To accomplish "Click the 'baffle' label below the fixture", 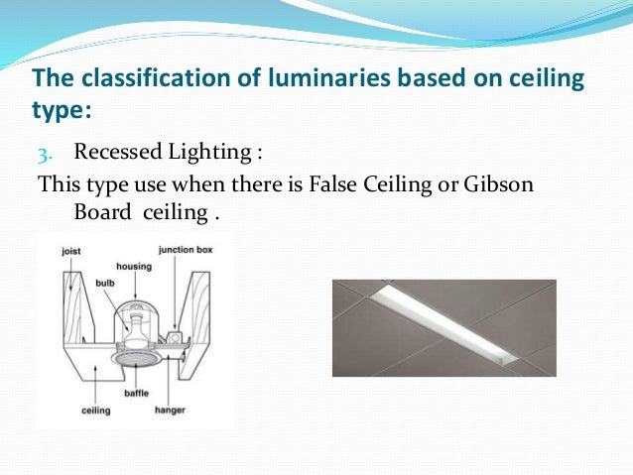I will click(134, 394).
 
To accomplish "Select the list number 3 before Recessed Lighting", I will click(46, 155).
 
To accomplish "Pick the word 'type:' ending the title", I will click(59, 107).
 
